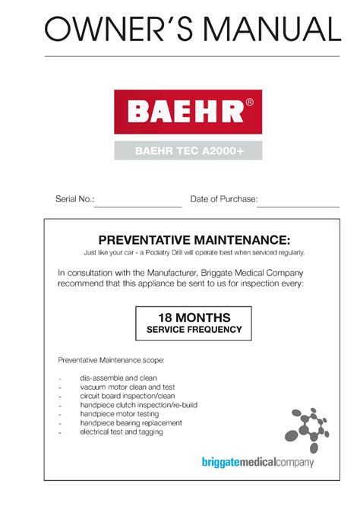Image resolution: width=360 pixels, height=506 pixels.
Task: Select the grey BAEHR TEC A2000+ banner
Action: [x=188, y=150]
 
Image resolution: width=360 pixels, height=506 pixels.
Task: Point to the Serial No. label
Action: [x=74, y=200]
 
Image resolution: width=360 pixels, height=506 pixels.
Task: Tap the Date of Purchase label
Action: [x=223, y=200]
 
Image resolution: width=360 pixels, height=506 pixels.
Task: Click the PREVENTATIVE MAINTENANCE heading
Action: [x=194, y=240]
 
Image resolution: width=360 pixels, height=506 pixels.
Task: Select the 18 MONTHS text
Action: [x=194, y=318]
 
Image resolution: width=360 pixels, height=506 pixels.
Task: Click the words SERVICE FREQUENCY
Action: [x=194, y=330]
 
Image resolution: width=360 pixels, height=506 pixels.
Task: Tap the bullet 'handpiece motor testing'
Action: [x=119, y=414]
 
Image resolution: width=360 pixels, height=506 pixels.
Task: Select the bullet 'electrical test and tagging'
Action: [x=122, y=432]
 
